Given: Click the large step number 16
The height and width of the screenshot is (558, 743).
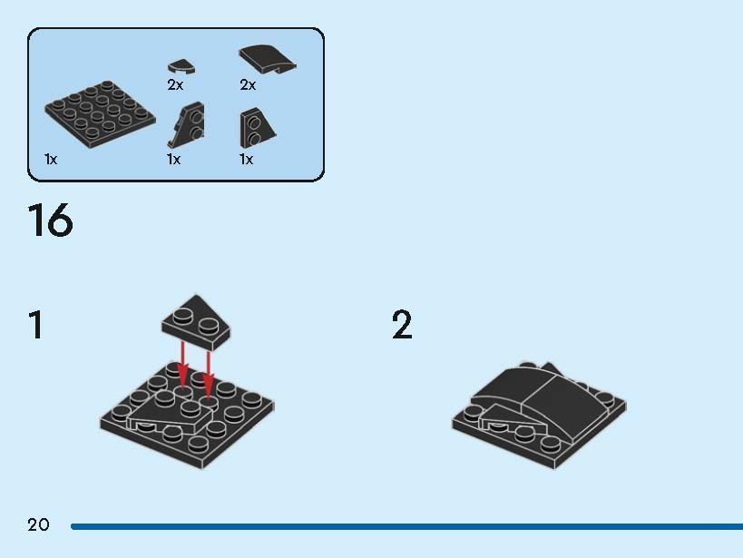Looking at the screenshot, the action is pyautogui.click(x=50, y=220).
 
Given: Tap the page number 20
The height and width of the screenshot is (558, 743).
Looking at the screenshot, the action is pyautogui.click(x=38, y=524).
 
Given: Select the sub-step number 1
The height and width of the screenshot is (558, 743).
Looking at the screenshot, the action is pyautogui.click(x=36, y=324).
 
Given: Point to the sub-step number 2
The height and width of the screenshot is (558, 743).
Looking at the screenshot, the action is pyautogui.click(x=402, y=324).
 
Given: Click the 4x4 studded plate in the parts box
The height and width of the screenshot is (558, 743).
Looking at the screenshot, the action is pyautogui.click(x=101, y=114).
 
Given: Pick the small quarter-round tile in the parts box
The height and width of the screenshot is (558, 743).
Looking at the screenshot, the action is pyautogui.click(x=181, y=67).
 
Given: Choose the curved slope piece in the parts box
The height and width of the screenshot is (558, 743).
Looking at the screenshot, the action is pyautogui.click(x=268, y=59).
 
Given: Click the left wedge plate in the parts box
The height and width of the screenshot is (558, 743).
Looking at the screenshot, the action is pyautogui.click(x=186, y=124).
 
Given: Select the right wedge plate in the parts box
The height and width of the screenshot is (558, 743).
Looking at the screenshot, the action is pyautogui.click(x=258, y=128).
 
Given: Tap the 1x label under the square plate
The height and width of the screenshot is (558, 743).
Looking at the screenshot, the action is pyautogui.click(x=51, y=160).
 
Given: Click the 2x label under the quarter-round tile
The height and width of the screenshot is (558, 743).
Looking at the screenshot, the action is pyautogui.click(x=175, y=85).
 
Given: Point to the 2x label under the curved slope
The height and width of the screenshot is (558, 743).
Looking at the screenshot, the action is pyautogui.click(x=248, y=85).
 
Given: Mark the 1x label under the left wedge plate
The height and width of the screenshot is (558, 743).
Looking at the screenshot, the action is pyautogui.click(x=174, y=160).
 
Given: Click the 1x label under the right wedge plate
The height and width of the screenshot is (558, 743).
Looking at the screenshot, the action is pyautogui.click(x=247, y=160).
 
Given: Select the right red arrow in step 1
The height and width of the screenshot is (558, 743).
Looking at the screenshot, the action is pyautogui.click(x=208, y=375).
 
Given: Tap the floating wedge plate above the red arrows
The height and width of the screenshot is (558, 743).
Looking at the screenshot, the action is pyautogui.click(x=196, y=322).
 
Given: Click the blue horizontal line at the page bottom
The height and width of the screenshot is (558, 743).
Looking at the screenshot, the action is pyautogui.click(x=406, y=526).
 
